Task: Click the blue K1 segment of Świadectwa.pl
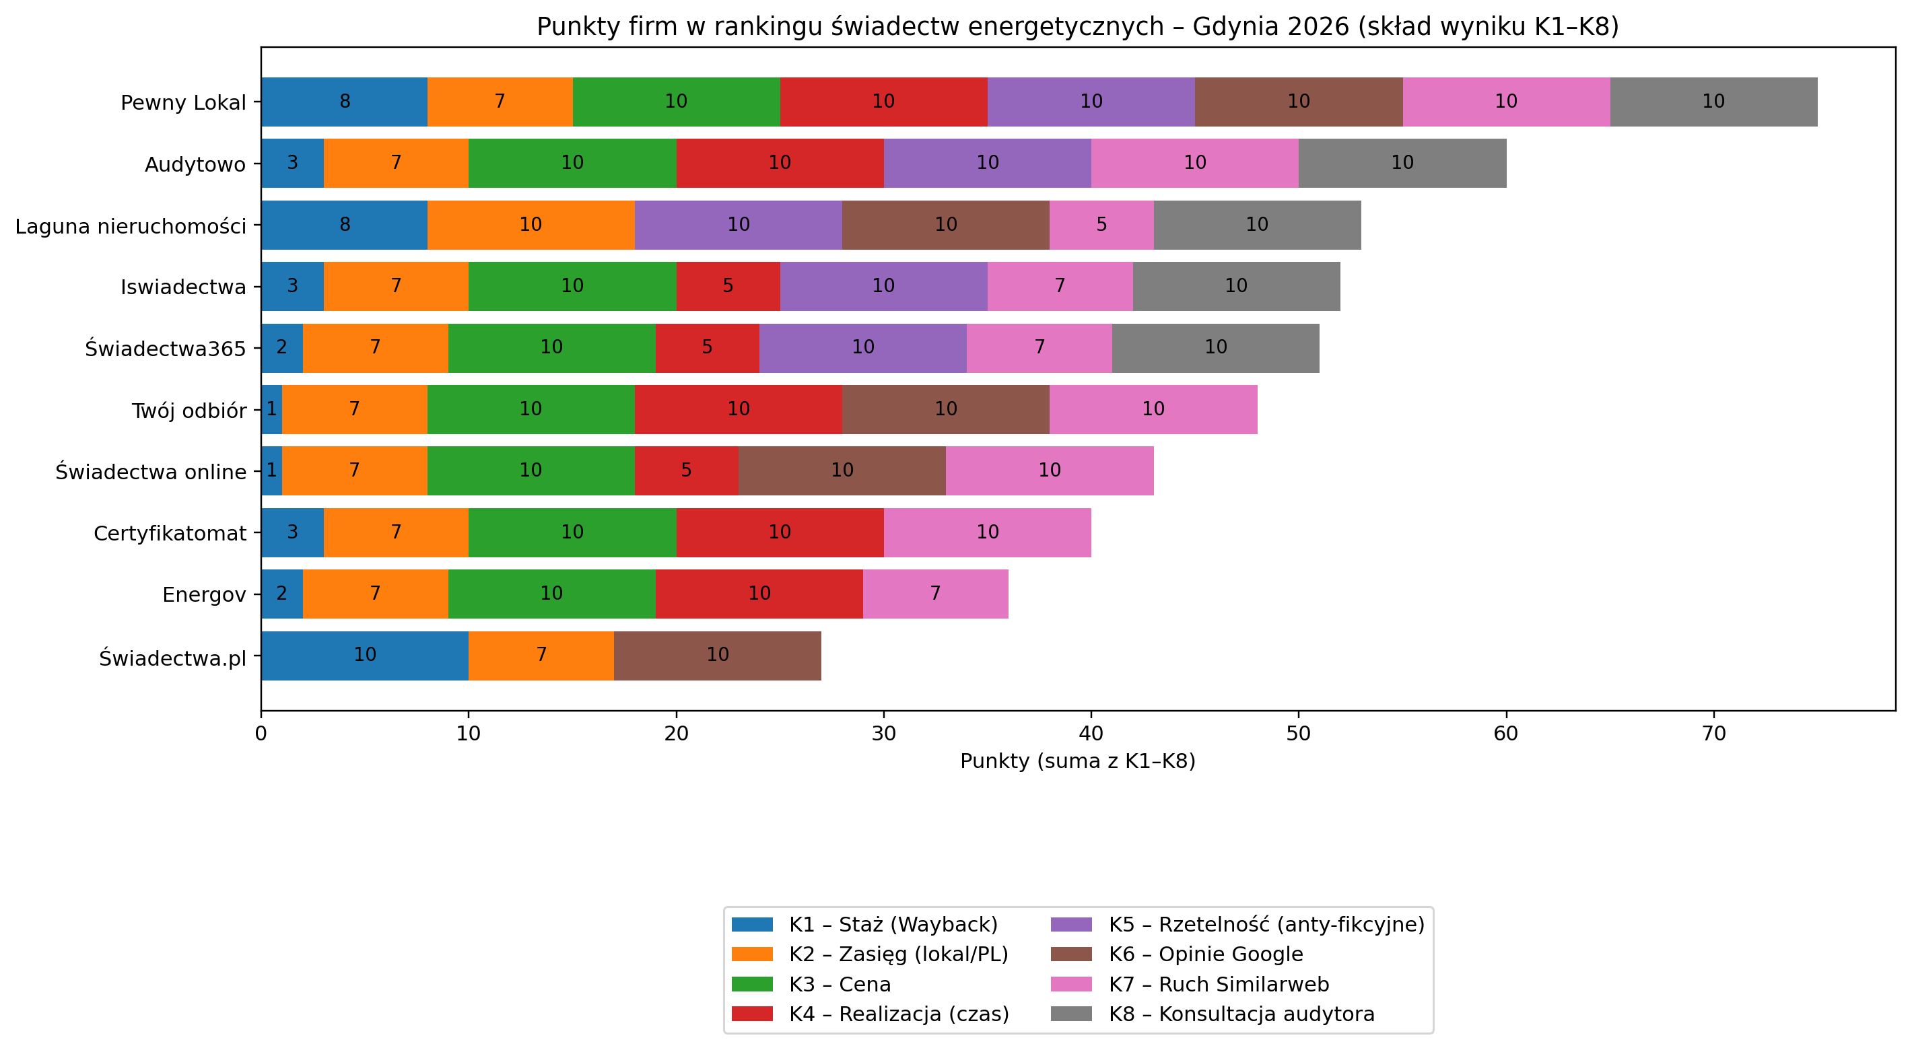pyautogui.click(x=364, y=655)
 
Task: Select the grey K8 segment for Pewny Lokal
pyautogui.click(x=1713, y=102)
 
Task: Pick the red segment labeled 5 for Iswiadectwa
pyautogui.click(x=727, y=286)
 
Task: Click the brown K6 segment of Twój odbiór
pyautogui.click(x=945, y=409)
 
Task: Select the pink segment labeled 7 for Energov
pyautogui.click(x=935, y=594)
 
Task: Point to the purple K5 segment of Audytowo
pyautogui.click(x=987, y=163)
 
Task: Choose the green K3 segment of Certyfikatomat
pyautogui.click(x=572, y=532)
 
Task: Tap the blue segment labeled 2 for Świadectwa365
pyautogui.click(x=282, y=347)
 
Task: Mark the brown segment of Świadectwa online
pyautogui.click(x=842, y=470)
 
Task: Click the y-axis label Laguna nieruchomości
pyautogui.click(x=131, y=226)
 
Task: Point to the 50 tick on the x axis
pyautogui.click(x=1297, y=734)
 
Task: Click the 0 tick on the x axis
pyautogui.click(x=261, y=734)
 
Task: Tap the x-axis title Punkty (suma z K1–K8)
pyautogui.click(x=1077, y=761)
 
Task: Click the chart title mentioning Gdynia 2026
pyautogui.click(x=1077, y=27)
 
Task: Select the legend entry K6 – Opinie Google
pyautogui.click(x=1205, y=954)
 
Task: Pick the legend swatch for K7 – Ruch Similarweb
pyautogui.click(x=1070, y=984)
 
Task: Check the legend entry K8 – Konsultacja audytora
pyautogui.click(x=1241, y=1014)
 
